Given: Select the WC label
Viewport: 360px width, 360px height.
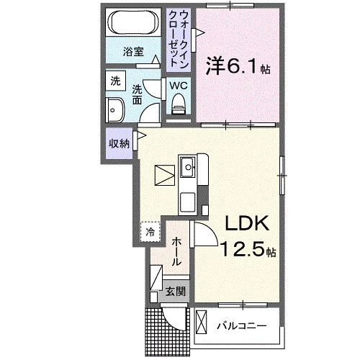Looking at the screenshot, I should pyautogui.click(x=178, y=85).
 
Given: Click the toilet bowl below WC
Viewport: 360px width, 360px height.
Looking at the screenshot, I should pyautogui.click(x=178, y=105).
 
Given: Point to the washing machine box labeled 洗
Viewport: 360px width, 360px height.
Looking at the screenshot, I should pyautogui.click(x=115, y=82).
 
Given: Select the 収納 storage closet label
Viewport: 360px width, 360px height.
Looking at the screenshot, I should pyautogui.click(x=120, y=143).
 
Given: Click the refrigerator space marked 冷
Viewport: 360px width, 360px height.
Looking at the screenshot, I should pyautogui.click(x=150, y=233).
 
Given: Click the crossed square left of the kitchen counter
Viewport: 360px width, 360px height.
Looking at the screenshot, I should pyautogui.click(x=163, y=174).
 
